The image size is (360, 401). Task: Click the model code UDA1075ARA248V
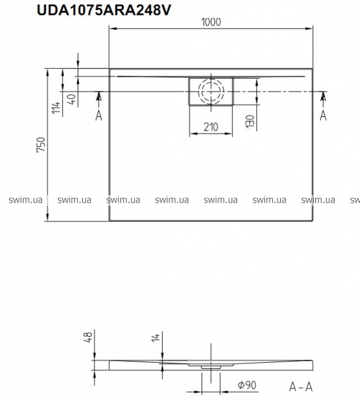104,10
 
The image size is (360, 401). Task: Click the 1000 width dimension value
211,22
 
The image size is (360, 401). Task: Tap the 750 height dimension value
41,145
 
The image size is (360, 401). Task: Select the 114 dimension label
57,108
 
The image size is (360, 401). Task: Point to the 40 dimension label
72,99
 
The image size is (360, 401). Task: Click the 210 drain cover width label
211,127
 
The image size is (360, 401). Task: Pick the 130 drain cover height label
250,121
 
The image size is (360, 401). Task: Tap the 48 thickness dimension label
88,338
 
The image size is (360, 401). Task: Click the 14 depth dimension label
156,337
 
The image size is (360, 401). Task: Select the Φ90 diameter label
247,385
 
